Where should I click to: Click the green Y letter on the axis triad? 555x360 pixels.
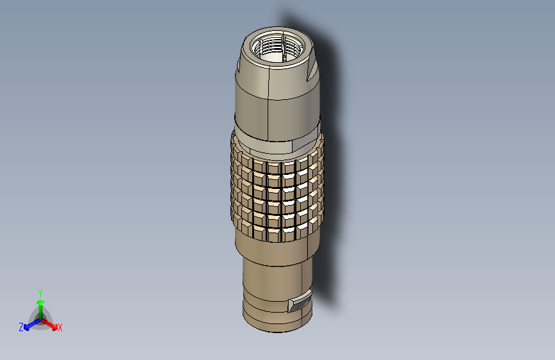click(40, 292)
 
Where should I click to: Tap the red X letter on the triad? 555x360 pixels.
click(60, 327)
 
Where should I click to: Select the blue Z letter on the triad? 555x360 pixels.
click(21, 327)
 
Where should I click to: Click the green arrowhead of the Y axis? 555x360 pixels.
click(40, 302)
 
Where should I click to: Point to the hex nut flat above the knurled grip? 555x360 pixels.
click(275, 147)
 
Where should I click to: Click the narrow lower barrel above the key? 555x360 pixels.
click(272, 282)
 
